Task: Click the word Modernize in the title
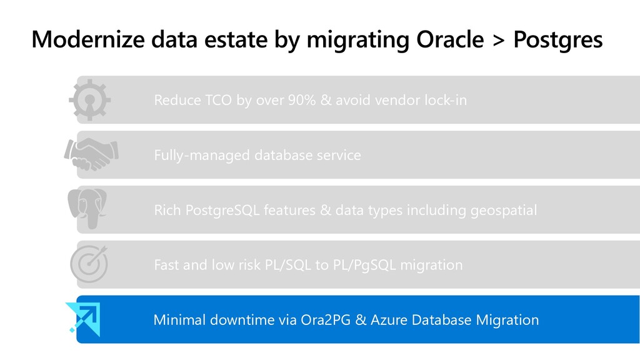pyautogui.click(x=88, y=39)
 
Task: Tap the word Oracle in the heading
pyautogui.click(x=450, y=39)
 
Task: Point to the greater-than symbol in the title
pyautogui.click(x=498, y=40)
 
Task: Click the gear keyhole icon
pyautogui.click(x=90, y=100)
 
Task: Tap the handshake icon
pyautogui.click(x=91, y=154)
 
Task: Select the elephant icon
pyautogui.click(x=87, y=209)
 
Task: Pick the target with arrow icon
pyautogui.click(x=89, y=264)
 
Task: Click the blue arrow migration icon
pyautogui.click(x=83, y=319)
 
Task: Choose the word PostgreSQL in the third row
pyautogui.click(x=222, y=211)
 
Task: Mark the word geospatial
pyautogui.click(x=504, y=211)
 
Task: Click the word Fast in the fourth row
pyautogui.click(x=166, y=265)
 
